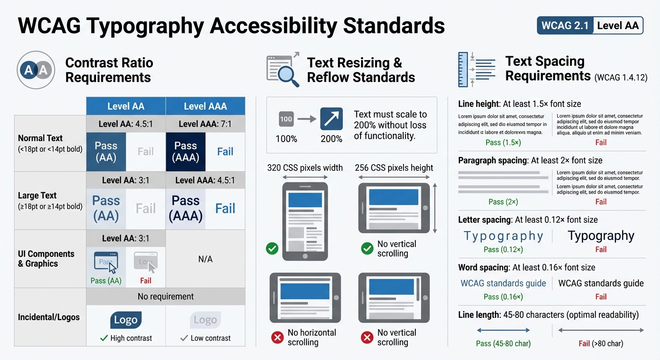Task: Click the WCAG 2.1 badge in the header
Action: (565, 25)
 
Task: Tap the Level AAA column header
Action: (205, 106)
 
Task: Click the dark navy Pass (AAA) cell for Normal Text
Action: (186, 151)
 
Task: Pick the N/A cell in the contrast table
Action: (205, 259)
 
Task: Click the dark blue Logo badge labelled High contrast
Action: (126, 320)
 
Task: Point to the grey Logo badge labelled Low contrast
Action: (205, 320)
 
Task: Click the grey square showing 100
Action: (286, 119)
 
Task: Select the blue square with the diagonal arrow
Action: (331, 119)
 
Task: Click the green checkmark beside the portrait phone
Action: (272, 248)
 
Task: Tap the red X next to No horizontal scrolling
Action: (277, 337)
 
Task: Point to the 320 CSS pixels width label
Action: (305, 168)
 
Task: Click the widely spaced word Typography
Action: (503, 236)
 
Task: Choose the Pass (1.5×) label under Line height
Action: (503, 142)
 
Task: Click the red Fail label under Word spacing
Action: (601, 297)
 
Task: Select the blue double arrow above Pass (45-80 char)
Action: (503, 330)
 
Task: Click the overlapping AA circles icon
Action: (36, 70)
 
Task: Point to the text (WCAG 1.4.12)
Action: (621, 78)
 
